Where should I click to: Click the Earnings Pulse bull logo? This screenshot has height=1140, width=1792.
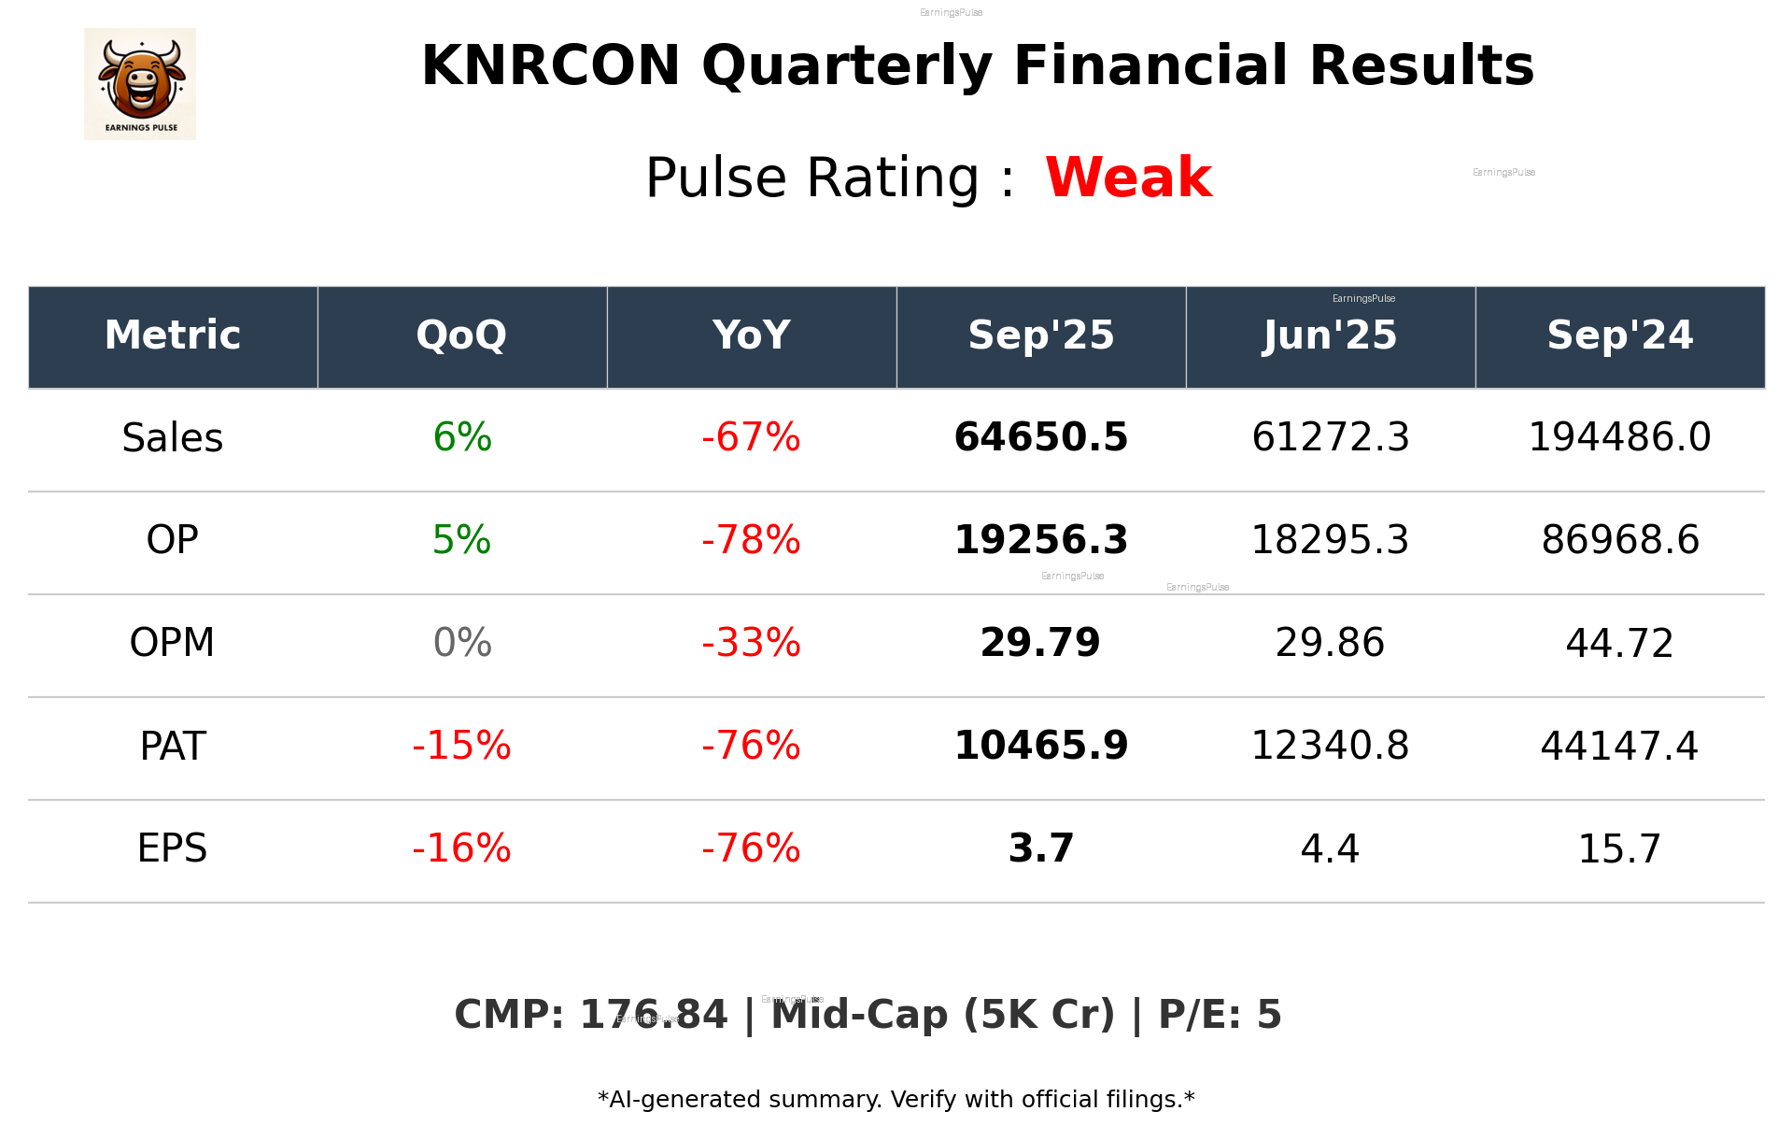tap(140, 84)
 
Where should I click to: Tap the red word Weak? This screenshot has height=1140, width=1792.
tap(1128, 178)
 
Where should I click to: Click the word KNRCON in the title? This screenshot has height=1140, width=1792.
tap(550, 66)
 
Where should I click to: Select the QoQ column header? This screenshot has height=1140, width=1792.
tap(461, 335)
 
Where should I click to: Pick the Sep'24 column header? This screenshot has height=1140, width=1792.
tap(1619, 335)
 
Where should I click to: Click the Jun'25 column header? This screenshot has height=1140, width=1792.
tap(1330, 335)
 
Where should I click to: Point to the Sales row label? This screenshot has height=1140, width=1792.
tap(173, 438)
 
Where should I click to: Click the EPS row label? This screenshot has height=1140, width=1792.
tap(173, 848)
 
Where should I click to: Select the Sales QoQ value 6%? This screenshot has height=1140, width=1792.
tap(462, 437)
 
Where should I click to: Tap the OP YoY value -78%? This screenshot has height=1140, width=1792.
tap(751, 540)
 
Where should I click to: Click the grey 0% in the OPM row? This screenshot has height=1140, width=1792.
tap(462, 643)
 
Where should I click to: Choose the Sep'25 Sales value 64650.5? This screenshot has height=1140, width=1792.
tap(1040, 437)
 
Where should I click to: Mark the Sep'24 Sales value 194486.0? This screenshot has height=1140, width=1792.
tap(1619, 437)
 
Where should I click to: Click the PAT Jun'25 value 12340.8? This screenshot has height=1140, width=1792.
tap(1330, 746)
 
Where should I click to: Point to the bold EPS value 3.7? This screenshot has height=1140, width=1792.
tap(1040, 848)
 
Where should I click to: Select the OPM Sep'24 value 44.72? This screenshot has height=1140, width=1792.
tap(1619, 643)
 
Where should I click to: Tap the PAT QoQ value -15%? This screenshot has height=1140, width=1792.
tap(461, 746)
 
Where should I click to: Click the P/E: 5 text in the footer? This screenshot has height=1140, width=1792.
tap(1220, 1015)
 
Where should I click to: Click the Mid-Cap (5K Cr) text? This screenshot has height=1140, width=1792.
tap(942, 1015)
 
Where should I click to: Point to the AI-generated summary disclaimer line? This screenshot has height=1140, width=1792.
tap(896, 1100)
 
